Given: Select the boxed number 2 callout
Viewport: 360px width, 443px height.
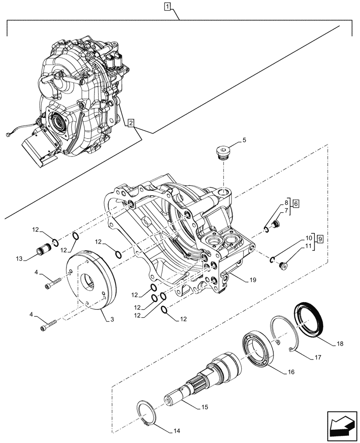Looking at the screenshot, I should point(130,123).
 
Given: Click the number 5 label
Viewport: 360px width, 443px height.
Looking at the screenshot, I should point(244,141).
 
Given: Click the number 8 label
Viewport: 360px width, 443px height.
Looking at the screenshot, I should point(286,203).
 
